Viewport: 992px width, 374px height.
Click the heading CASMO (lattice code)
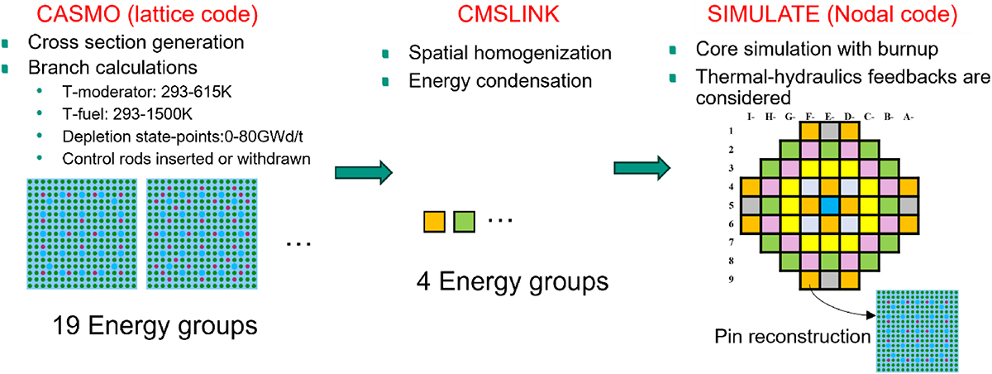point(147,14)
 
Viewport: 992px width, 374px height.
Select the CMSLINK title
point(508,14)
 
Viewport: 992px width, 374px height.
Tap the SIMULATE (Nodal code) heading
point(832,14)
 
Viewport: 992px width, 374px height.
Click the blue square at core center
point(829,205)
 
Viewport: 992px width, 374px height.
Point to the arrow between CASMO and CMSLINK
point(364,172)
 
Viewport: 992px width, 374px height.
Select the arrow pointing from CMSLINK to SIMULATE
point(642,168)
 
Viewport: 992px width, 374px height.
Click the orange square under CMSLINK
point(434,222)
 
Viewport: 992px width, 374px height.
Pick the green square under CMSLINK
point(464,222)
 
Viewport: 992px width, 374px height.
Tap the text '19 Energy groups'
point(155,327)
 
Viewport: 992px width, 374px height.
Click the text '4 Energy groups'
point(513,282)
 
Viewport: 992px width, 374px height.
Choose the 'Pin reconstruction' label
point(792,337)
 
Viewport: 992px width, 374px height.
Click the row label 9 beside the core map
point(731,279)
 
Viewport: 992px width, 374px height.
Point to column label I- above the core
point(751,117)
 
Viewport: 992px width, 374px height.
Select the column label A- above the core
point(909,117)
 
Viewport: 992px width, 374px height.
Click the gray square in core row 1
point(829,132)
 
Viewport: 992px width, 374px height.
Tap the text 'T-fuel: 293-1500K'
point(127,114)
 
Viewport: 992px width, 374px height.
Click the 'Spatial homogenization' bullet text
point(510,53)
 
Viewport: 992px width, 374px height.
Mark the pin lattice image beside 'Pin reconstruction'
point(917,331)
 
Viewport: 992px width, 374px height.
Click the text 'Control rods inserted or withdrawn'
point(187,159)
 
